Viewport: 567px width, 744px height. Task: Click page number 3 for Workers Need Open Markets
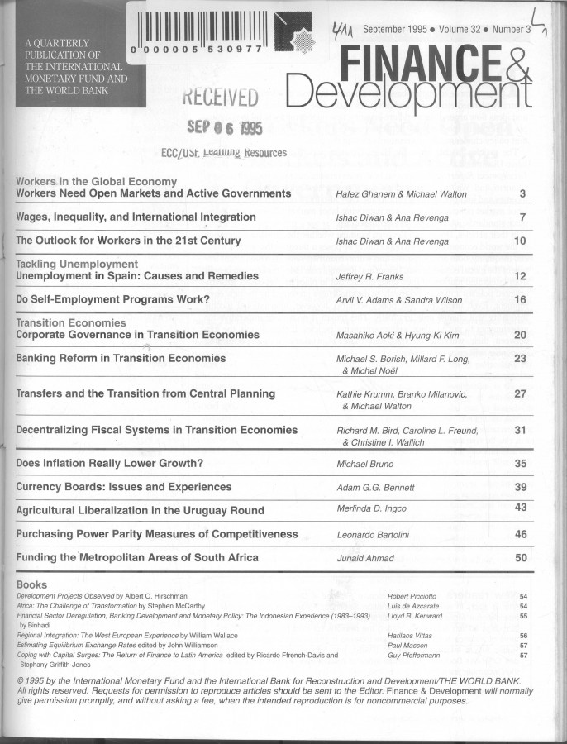[x=522, y=194]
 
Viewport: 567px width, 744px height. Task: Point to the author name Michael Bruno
[x=365, y=465]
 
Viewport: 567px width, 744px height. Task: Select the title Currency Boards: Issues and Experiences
[x=124, y=487]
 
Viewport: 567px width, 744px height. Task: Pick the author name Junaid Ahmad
[x=365, y=558]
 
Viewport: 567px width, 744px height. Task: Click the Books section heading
[x=32, y=584]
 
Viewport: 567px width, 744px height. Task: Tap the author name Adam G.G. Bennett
[x=376, y=488]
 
